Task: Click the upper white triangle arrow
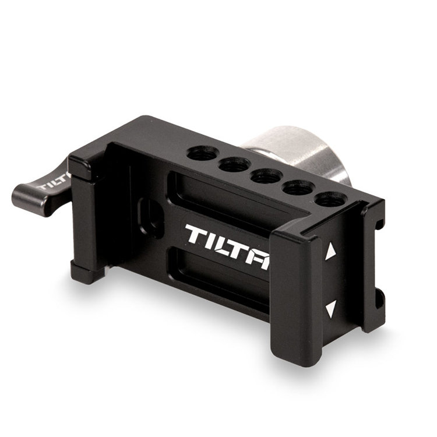point(330,251)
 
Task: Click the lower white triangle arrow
point(330,308)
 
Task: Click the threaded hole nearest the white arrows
point(331,200)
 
